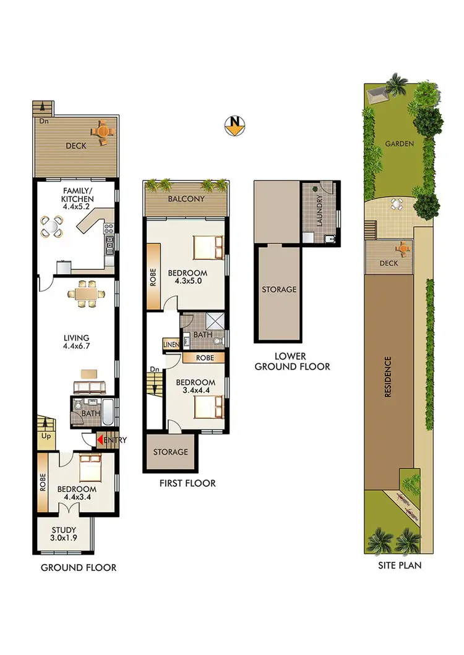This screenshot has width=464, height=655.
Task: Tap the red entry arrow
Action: pos(100,440)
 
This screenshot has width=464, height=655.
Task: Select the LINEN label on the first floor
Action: pos(171,345)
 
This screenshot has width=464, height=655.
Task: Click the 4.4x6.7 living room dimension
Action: pos(77,347)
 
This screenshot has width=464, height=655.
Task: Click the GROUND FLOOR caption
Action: pos(79,567)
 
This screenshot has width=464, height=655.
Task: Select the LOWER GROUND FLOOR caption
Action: pos(294,361)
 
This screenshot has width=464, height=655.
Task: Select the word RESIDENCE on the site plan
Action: pos(389,377)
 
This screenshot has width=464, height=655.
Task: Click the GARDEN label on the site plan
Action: pos(399,143)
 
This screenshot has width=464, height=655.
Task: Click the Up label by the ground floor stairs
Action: pos(45,436)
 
